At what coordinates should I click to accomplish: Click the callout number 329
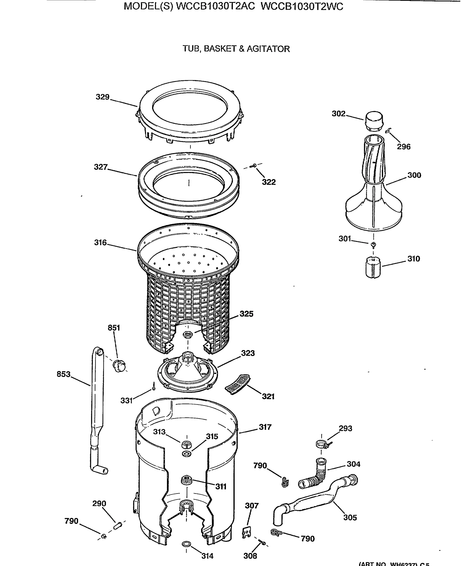coord(102,97)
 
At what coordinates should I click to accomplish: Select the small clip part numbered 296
coord(389,130)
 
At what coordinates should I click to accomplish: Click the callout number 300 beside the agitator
coord(414,175)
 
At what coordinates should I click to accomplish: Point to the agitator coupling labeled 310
coord(373,267)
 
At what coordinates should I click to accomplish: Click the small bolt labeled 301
coord(373,244)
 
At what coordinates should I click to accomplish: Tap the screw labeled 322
coord(253,166)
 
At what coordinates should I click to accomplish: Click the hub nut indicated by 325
coord(188,334)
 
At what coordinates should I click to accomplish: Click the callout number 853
coord(63,374)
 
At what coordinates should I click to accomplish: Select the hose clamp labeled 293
coord(322,444)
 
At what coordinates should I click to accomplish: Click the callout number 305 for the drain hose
coord(350,517)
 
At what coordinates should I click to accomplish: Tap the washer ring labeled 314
coord(186,543)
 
